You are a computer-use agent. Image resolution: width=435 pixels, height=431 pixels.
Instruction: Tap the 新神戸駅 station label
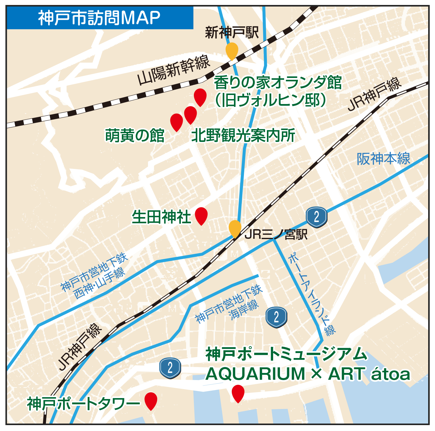[232, 33]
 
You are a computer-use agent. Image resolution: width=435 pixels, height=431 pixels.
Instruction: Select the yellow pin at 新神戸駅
[232, 50]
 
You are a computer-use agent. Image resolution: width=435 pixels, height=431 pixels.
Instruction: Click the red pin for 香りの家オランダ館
[200, 96]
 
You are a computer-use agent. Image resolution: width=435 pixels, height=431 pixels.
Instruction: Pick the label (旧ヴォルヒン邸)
[271, 100]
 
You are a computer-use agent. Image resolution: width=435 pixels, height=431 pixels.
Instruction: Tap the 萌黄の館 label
[135, 135]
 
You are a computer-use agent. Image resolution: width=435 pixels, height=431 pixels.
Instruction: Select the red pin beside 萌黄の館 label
[176, 121]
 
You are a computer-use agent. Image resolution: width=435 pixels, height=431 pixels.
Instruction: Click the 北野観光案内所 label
[243, 135]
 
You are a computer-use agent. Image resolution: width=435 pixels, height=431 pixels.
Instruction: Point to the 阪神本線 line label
[383, 159]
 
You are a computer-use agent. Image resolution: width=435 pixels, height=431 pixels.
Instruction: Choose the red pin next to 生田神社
[201, 215]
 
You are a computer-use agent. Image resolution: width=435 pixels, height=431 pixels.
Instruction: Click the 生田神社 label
[161, 217]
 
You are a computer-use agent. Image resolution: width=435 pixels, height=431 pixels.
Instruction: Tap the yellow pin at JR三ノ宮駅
[235, 228]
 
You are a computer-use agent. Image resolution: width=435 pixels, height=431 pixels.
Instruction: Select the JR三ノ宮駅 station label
[276, 234]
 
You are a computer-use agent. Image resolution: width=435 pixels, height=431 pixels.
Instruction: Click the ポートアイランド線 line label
[312, 293]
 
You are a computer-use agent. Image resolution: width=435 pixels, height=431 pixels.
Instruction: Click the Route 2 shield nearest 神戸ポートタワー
[170, 368]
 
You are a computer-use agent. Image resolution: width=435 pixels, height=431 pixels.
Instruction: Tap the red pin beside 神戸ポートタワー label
[151, 400]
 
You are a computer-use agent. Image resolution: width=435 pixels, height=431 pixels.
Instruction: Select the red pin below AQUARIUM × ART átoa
[238, 392]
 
